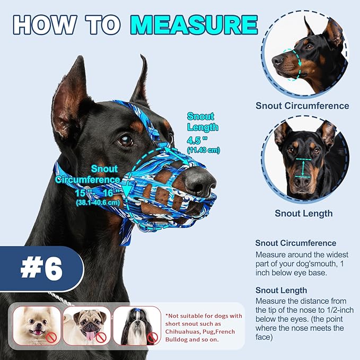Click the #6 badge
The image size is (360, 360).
click(41, 269)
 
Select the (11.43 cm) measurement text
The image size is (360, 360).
click(203, 151)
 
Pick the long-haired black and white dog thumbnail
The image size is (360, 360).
click(136, 326)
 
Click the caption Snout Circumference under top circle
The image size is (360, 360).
click(302, 106)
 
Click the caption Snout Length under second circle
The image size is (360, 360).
click(303, 213)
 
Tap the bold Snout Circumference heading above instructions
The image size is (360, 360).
click(295, 243)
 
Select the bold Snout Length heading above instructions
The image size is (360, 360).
click(281, 290)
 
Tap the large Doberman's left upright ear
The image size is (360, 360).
click(71, 95)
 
